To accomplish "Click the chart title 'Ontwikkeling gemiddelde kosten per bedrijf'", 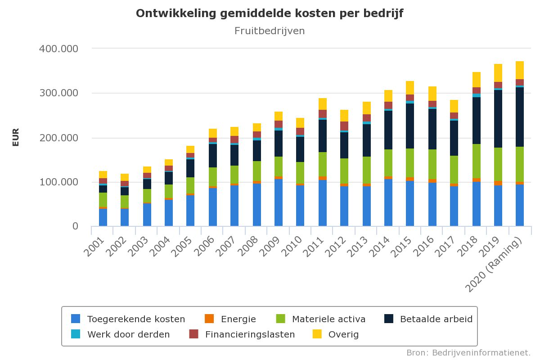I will pos(270,13).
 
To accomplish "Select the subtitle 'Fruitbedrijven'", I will pos(270,31).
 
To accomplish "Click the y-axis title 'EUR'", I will pos(16,137).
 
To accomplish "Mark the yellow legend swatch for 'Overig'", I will pos(317,334).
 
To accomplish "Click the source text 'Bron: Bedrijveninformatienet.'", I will pos(468,352).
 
